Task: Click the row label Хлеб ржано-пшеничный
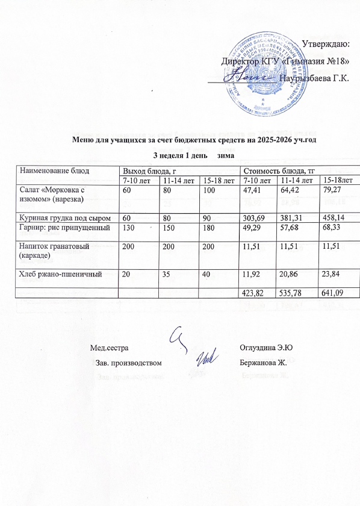pyautogui.click(x=57, y=273)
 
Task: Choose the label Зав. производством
pyautogui.click(x=129, y=363)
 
